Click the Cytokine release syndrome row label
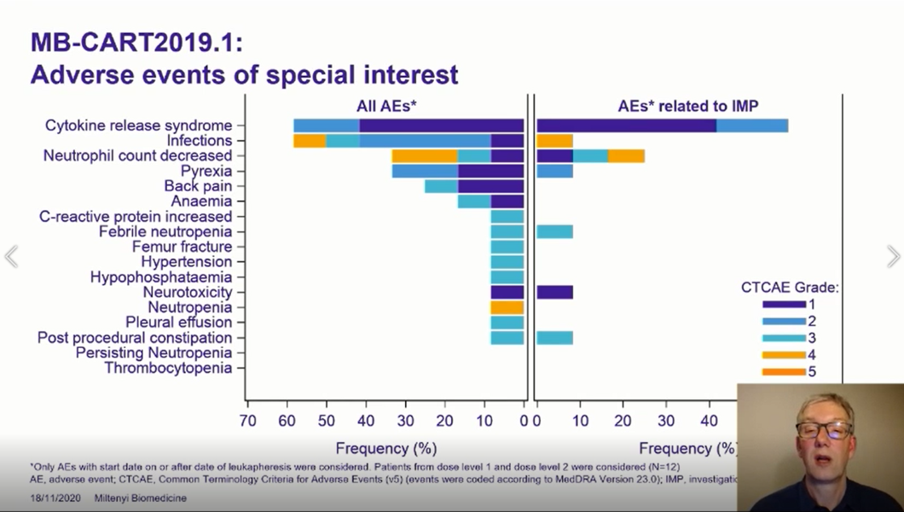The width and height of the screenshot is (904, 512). [138, 125]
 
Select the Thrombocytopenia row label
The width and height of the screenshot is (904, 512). [168, 368]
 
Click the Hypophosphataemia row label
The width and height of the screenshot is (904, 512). [161, 277]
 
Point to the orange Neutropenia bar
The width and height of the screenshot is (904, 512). [507, 307]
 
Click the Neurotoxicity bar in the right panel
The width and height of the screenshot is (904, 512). [554, 292]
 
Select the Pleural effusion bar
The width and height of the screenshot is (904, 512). [507, 323]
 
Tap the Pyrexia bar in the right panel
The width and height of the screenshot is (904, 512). [554, 171]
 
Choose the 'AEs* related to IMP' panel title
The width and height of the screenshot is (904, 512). [688, 107]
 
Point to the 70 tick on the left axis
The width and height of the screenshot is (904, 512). [247, 420]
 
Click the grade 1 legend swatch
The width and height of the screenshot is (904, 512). [784, 304]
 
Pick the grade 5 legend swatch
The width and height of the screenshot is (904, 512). [784, 371]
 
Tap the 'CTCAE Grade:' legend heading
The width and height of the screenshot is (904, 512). [790, 288]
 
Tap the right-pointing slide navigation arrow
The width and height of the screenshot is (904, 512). [893, 256]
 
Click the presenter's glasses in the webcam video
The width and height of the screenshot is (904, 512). [823, 430]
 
